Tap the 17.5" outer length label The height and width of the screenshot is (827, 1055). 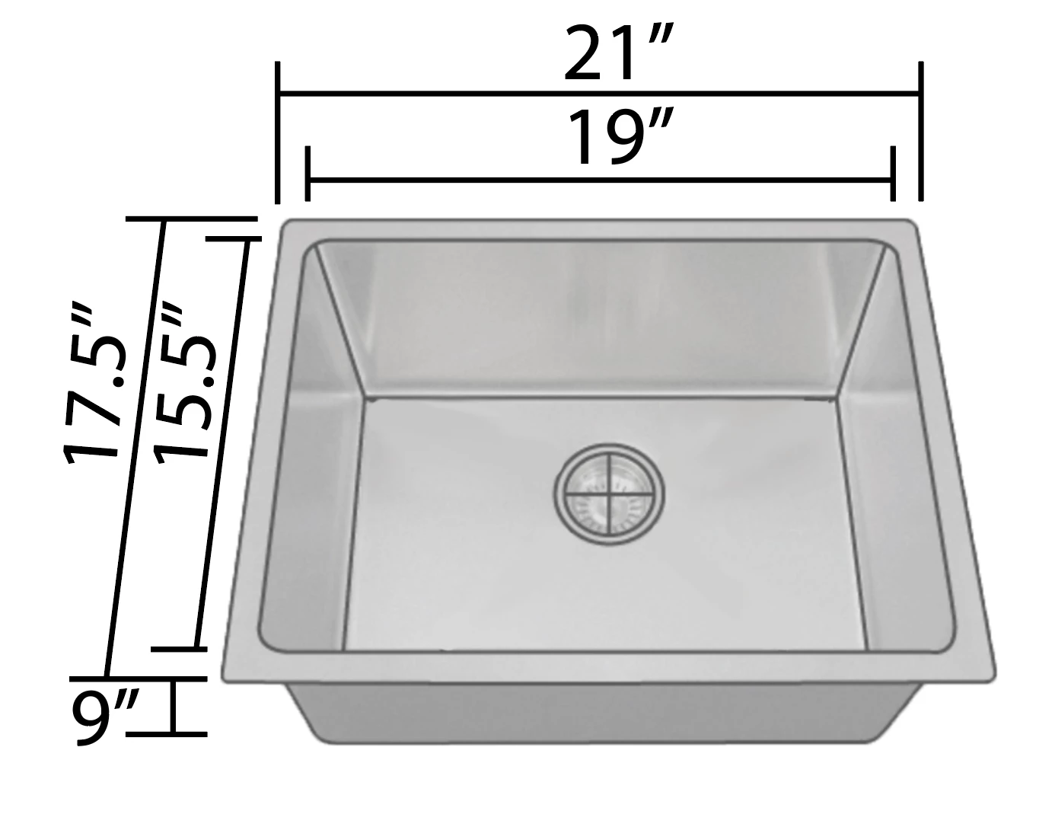click(x=91, y=385)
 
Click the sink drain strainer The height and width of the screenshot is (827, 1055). click(x=609, y=494)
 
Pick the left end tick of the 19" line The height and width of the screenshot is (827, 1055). click(x=307, y=173)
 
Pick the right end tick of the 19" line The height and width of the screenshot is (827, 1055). click(x=893, y=173)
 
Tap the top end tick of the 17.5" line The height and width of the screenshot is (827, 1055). click(x=190, y=219)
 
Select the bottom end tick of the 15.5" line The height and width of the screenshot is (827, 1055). click(x=180, y=649)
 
